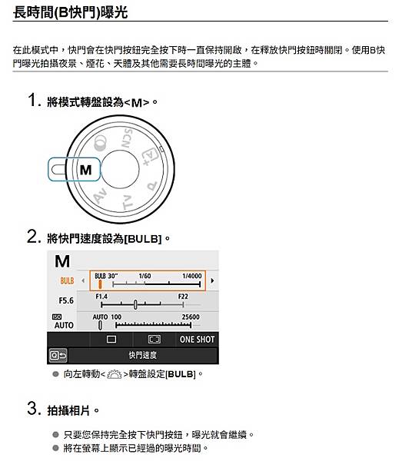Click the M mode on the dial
click(85, 169)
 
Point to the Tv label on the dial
click(128, 202)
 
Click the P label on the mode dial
click(151, 186)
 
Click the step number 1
click(32, 101)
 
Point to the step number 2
click(32, 237)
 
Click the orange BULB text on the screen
click(67, 280)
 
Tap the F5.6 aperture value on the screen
click(66, 300)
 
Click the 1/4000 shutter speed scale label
click(191, 276)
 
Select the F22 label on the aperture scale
click(182, 296)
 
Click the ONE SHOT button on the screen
click(197, 339)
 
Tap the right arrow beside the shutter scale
click(212, 280)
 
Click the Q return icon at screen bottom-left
click(58, 355)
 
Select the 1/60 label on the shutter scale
click(145, 276)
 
